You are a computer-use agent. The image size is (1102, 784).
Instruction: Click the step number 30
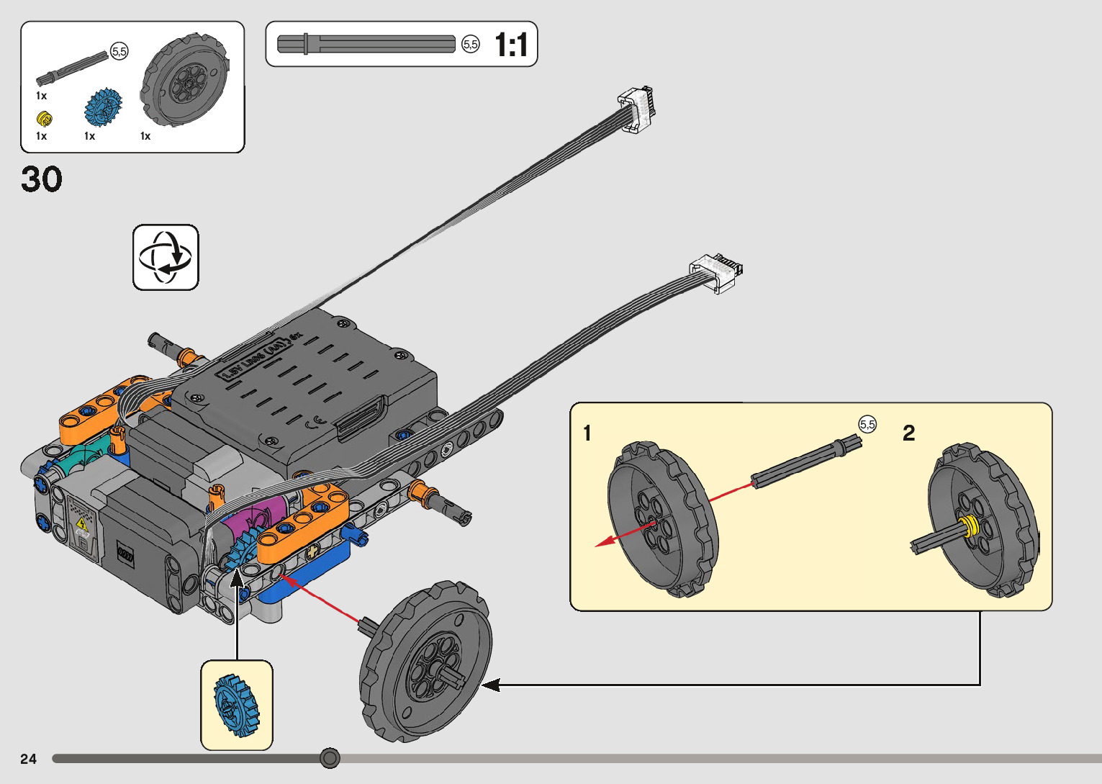[x=42, y=179]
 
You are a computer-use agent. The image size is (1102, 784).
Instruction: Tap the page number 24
[x=28, y=759]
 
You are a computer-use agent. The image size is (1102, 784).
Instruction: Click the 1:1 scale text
[x=511, y=45]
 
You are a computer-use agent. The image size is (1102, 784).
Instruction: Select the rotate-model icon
[x=166, y=258]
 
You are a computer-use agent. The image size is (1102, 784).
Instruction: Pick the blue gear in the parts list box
[x=102, y=106]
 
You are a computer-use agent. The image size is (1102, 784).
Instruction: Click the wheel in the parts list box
[x=185, y=79]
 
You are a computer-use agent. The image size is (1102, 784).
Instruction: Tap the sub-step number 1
[x=587, y=433]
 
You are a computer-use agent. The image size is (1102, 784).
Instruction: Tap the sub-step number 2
[x=908, y=433]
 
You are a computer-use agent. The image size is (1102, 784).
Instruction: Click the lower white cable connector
[x=715, y=272]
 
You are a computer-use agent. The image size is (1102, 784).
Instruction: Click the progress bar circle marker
[x=330, y=758]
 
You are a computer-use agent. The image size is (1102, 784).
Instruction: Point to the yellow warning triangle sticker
[x=82, y=523]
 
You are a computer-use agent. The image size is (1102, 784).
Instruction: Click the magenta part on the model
[x=248, y=525]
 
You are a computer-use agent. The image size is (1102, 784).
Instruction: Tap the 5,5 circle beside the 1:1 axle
[x=470, y=45]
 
